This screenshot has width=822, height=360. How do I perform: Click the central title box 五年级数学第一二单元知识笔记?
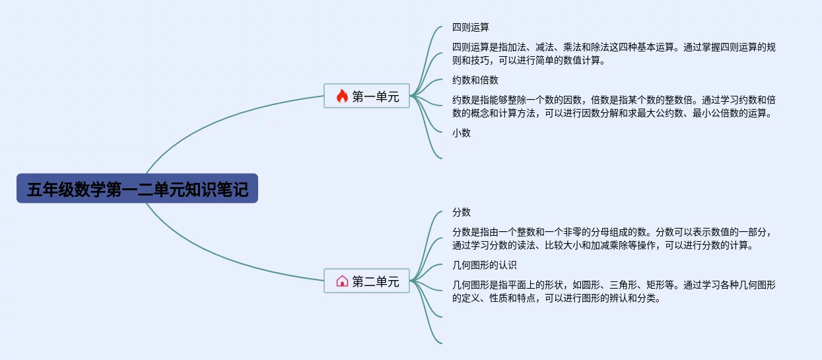[x=137, y=188]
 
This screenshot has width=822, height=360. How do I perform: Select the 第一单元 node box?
[x=366, y=96]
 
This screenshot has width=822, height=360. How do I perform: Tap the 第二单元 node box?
[x=366, y=281]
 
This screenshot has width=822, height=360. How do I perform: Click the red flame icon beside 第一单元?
[x=342, y=96]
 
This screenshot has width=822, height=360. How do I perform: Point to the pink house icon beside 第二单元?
[x=342, y=281]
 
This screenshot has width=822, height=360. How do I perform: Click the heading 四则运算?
[x=471, y=27]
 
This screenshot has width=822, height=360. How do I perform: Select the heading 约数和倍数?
[x=475, y=80]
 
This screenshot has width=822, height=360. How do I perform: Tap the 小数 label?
[x=462, y=133]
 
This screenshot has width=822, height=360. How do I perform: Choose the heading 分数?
[x=462, y=212]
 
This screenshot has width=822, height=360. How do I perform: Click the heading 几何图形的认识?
[x=485, y=265]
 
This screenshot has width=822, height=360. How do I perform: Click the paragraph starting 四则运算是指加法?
[x=614, y=54]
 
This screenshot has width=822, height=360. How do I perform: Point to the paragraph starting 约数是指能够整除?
[x=614, y=106]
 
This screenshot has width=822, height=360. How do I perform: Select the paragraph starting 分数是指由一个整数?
[x=613, y=238]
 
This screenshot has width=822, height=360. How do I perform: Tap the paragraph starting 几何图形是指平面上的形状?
[x=614, y=291]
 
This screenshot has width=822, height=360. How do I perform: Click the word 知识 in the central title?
[x=200, y=189]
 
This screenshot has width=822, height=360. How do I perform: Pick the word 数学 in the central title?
[x=90, y=189]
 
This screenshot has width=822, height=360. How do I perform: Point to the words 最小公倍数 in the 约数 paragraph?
[x=715, y=113]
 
